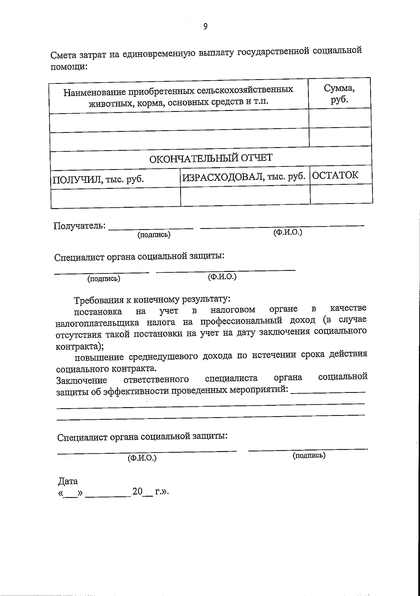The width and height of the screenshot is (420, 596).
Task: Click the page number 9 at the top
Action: tap(205, 27)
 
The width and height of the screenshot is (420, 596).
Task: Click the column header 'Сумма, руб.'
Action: tap(339, 93)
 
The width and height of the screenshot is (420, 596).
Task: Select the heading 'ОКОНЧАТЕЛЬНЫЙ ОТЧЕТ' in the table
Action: tap(211, 158)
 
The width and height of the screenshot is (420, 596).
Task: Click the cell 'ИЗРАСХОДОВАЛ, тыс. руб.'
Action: tap(244, 177)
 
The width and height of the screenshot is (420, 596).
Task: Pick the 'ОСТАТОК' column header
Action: tap(335, 175)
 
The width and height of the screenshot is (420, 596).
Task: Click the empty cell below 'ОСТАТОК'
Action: tap(341, 194)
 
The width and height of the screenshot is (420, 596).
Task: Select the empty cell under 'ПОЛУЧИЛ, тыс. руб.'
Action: tap(115, 198)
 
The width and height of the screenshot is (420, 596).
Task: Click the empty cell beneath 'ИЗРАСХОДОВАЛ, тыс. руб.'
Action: tap(245, 196)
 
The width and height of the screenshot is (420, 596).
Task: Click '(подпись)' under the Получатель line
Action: tap(154, 235)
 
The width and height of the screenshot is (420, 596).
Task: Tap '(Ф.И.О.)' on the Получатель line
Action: tap(287, 232)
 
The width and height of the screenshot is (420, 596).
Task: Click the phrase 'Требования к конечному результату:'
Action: tap(152, 300)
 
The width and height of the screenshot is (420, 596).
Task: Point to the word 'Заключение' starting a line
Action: tap(82, 380)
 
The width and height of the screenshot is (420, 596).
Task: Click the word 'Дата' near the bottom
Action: tap(68, 481)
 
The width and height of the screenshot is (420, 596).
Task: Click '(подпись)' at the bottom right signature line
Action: tap(309, 455)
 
